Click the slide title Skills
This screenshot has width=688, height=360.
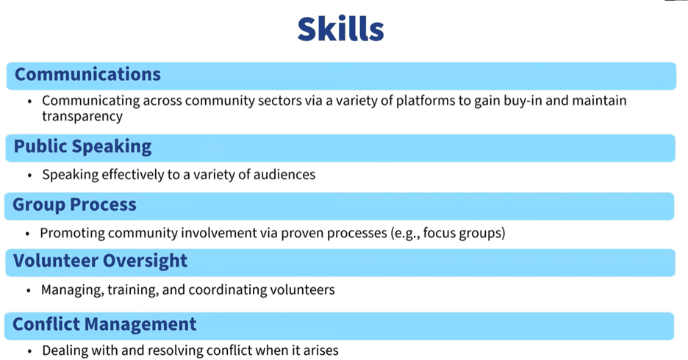(340, 29)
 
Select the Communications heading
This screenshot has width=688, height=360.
(87, 74)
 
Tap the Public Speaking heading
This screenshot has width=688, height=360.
(82, 146)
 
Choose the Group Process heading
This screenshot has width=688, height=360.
(74, 205)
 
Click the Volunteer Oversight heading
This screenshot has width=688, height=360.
(100, 261)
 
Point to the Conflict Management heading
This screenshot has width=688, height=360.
(104, 325)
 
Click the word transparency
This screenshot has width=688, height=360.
(82, 117)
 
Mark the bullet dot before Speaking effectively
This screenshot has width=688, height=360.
(29, 176)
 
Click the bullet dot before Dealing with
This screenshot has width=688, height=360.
(29, 352)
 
